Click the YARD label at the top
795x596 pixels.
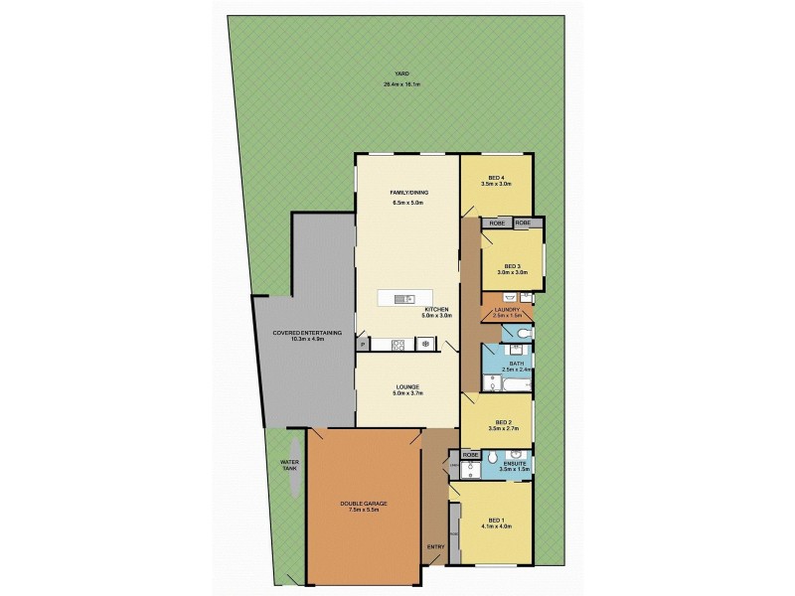401,74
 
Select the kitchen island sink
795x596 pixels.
404,299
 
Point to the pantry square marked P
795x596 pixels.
363,345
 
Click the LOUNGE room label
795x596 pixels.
406,386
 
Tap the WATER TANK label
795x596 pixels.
289,465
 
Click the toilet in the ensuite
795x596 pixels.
456,464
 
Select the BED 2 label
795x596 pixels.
503,421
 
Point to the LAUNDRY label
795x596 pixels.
507,310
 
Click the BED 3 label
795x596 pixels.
512,266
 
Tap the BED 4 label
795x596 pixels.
494,178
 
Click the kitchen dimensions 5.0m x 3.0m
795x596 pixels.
437,317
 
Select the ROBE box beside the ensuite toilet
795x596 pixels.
471,455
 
